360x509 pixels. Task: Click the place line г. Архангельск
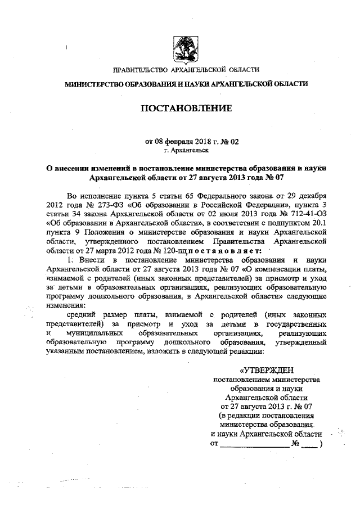[186, 151]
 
